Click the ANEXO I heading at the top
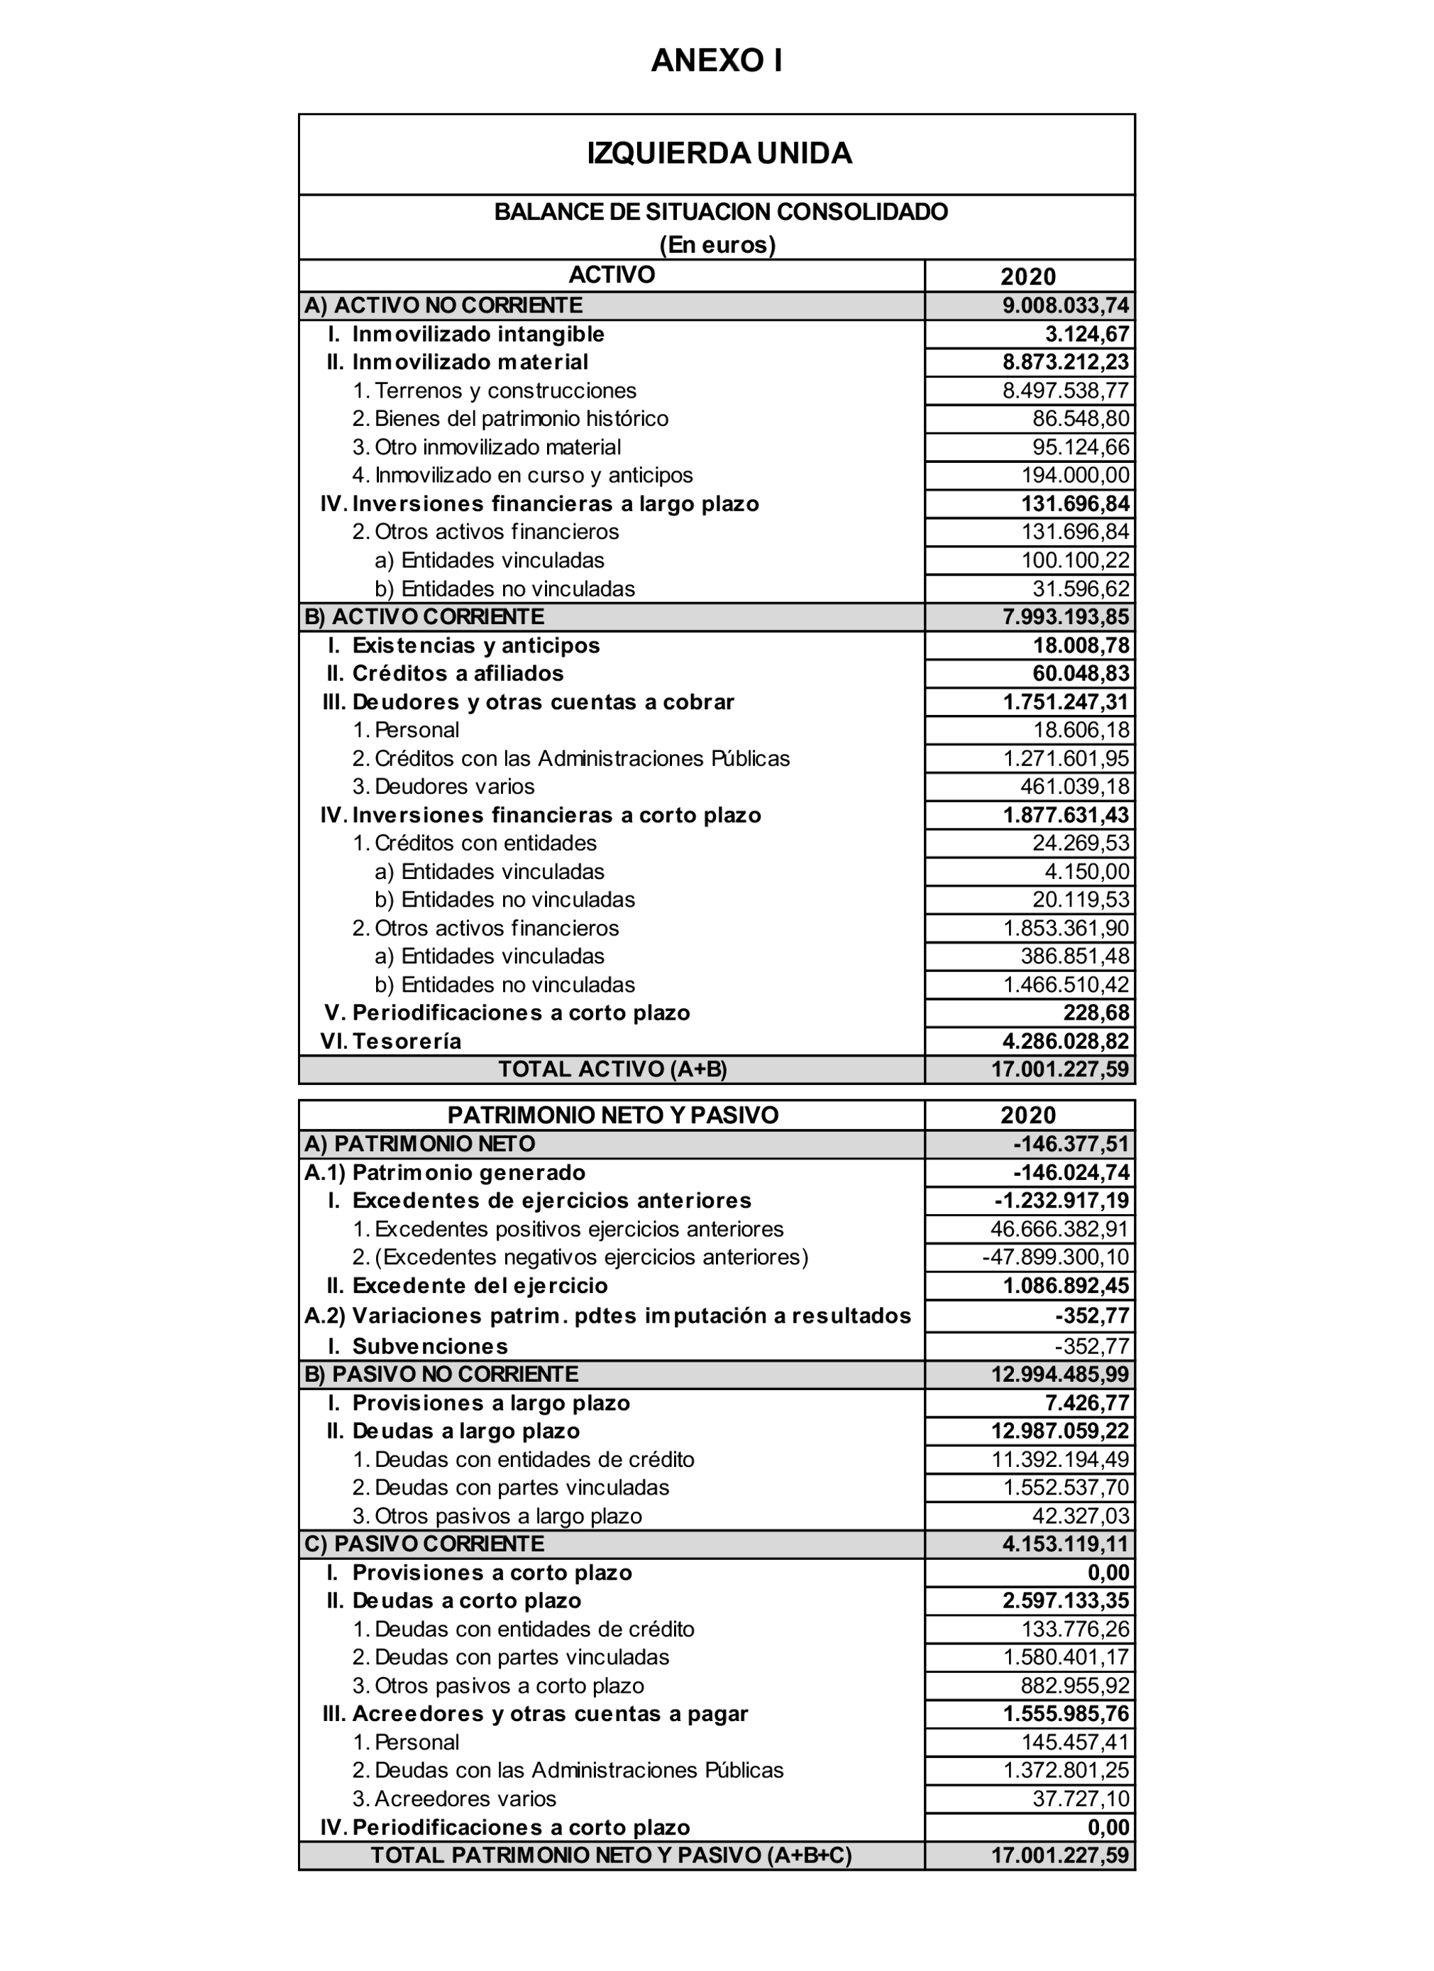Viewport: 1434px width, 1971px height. coord(717,61)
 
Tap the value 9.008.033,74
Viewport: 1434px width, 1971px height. coord(1065,306)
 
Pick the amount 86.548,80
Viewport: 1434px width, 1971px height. coord(1081,419)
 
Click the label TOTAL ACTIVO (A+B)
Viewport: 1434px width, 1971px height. coord(612,1070)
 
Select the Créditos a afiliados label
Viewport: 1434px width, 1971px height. coord(458,674)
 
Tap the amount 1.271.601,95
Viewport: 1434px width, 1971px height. coord(1066,759)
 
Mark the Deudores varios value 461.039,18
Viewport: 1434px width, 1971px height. coord(1074,787)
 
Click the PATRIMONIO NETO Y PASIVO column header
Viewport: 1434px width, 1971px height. coord(612,1116)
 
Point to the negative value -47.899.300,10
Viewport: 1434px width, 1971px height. coord(1055,1257)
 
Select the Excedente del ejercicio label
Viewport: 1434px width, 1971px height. coord(480,1286)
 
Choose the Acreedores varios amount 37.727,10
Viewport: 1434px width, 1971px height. coord(1081,1799)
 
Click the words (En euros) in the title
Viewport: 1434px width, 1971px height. coord(717,245)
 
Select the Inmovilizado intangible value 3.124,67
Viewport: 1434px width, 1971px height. coord(1086,334)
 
